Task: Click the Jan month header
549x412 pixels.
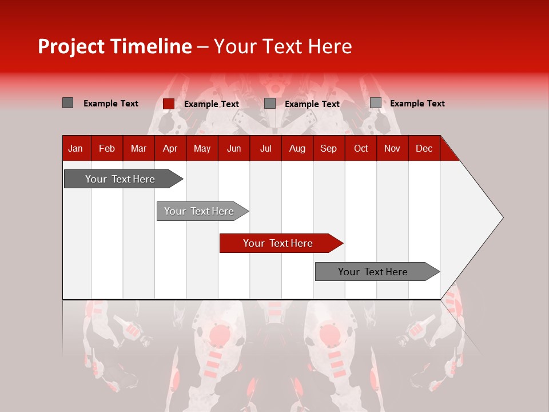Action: pos(75,148)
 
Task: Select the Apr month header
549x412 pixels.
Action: pos(170,148)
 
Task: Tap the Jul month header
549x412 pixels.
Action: pos(265,148)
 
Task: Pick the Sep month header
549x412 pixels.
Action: pos(328,148)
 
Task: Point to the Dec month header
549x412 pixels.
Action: pos(424,148)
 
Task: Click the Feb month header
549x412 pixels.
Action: pos(107,148)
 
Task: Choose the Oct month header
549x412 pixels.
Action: pos(361,148)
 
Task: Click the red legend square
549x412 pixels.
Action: pos(168,104)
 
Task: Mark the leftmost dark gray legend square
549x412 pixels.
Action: pos(67,103)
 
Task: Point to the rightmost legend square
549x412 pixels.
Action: pos(375,103)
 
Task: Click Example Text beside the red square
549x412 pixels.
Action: pos(212,104)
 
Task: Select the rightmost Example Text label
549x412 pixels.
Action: pos(417,104)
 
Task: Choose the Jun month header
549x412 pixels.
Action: pos(234,148)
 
